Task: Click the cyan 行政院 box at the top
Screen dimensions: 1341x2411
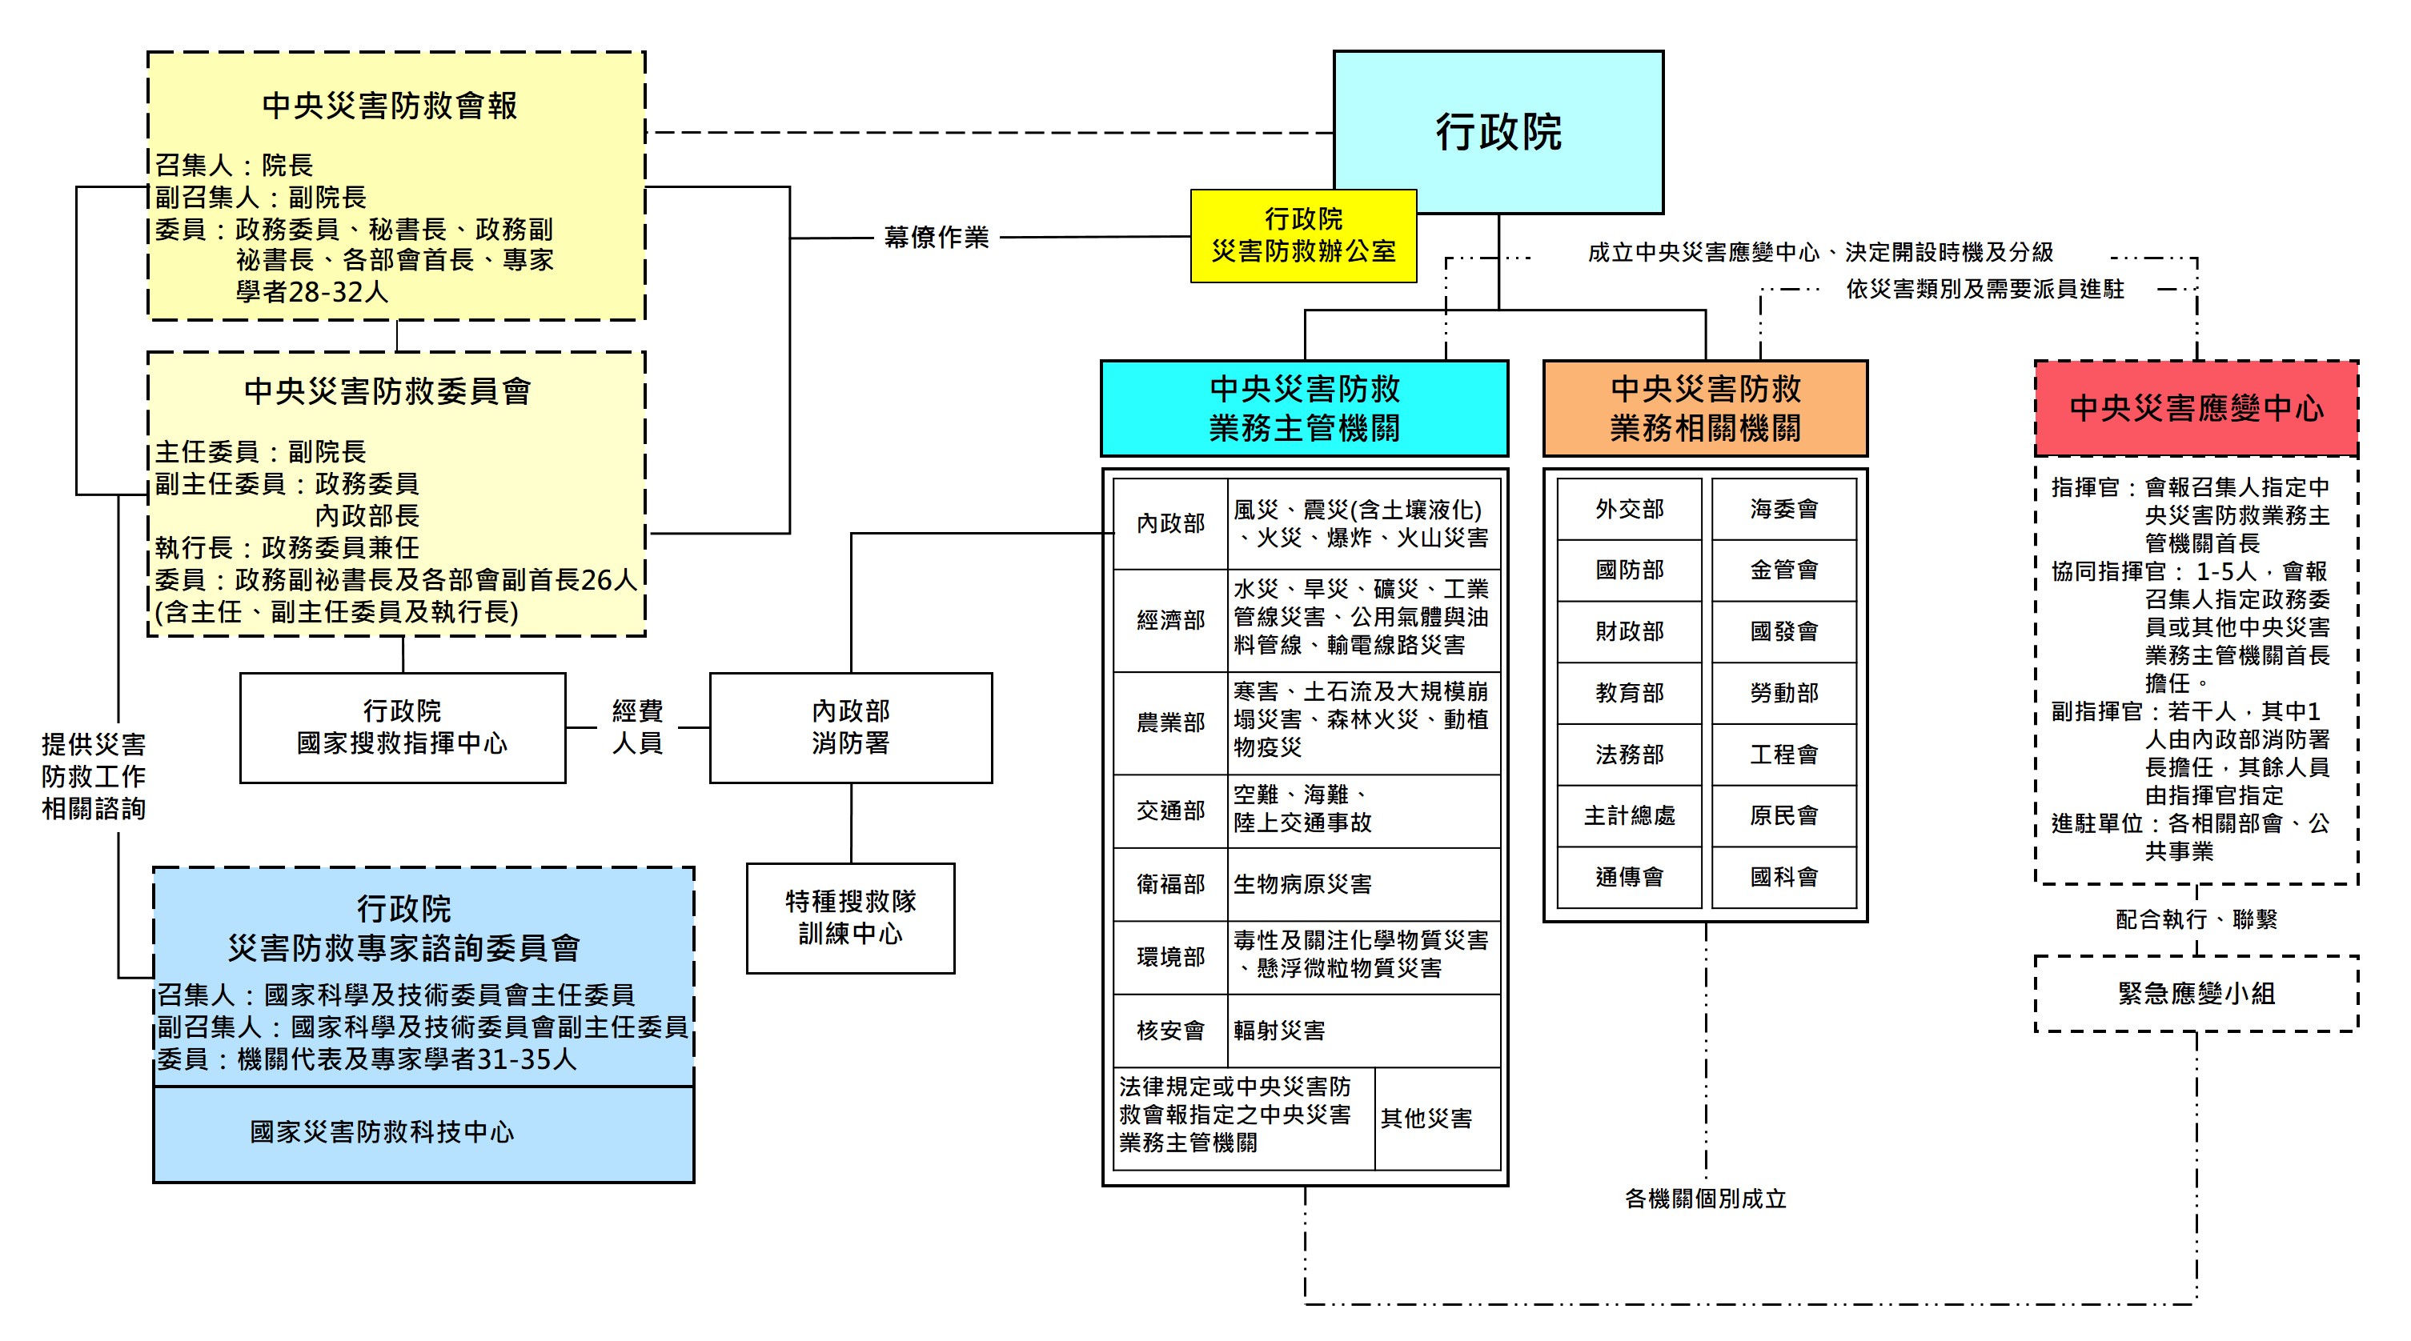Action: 1498,131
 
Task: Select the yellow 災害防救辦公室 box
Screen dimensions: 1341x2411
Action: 1303,236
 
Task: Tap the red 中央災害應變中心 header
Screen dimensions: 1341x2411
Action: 2196,408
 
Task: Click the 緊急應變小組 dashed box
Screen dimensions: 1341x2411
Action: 2196,993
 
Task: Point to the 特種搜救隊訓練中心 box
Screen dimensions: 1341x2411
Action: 850,917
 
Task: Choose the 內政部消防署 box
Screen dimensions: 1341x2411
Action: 850,727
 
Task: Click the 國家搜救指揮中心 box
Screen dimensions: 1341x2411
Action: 403,727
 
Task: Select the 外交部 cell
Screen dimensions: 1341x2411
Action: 1630,509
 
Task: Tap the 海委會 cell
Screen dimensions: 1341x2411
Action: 1784,509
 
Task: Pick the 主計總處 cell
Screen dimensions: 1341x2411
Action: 1630,816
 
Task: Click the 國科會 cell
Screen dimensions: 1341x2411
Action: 1784,877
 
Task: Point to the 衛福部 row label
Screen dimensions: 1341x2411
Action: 1170,884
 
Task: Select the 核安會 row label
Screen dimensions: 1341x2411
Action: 1170,1031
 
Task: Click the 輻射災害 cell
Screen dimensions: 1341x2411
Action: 1278,1031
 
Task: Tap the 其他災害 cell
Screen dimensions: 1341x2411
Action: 1426,1119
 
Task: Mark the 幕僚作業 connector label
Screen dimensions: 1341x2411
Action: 936,238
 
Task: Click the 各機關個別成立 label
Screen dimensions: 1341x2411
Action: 1705,1199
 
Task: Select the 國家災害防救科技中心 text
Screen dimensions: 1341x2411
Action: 382,1132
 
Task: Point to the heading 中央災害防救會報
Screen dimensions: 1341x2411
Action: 389,106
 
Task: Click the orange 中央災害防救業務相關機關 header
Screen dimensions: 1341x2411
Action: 1705,408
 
